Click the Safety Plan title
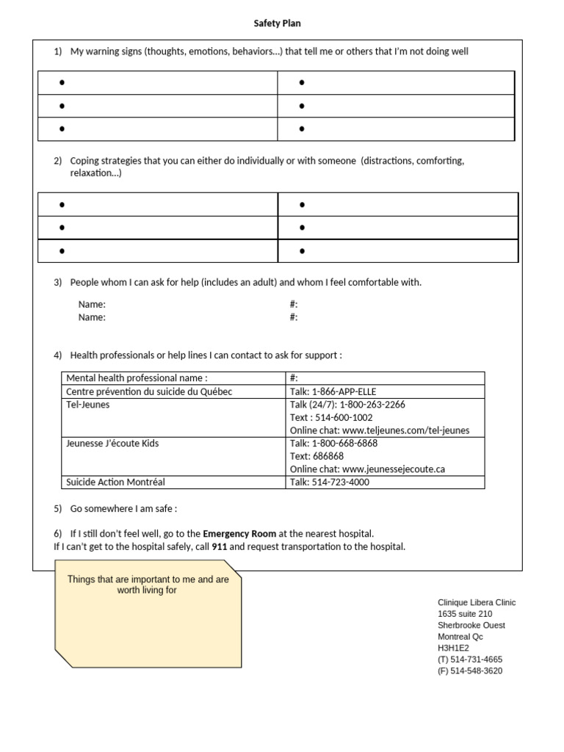(277, 23)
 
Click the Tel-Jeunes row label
(87, 405)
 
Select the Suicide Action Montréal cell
(115, 482)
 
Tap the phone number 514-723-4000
(341, 482)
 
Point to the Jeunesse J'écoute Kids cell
(112, 444)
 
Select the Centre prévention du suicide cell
(149, 391)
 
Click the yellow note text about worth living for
(148, 585)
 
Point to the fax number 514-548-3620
(476, 670)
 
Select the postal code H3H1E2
(453, 648)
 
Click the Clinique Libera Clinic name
(477, 602)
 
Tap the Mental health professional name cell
(132, 378)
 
